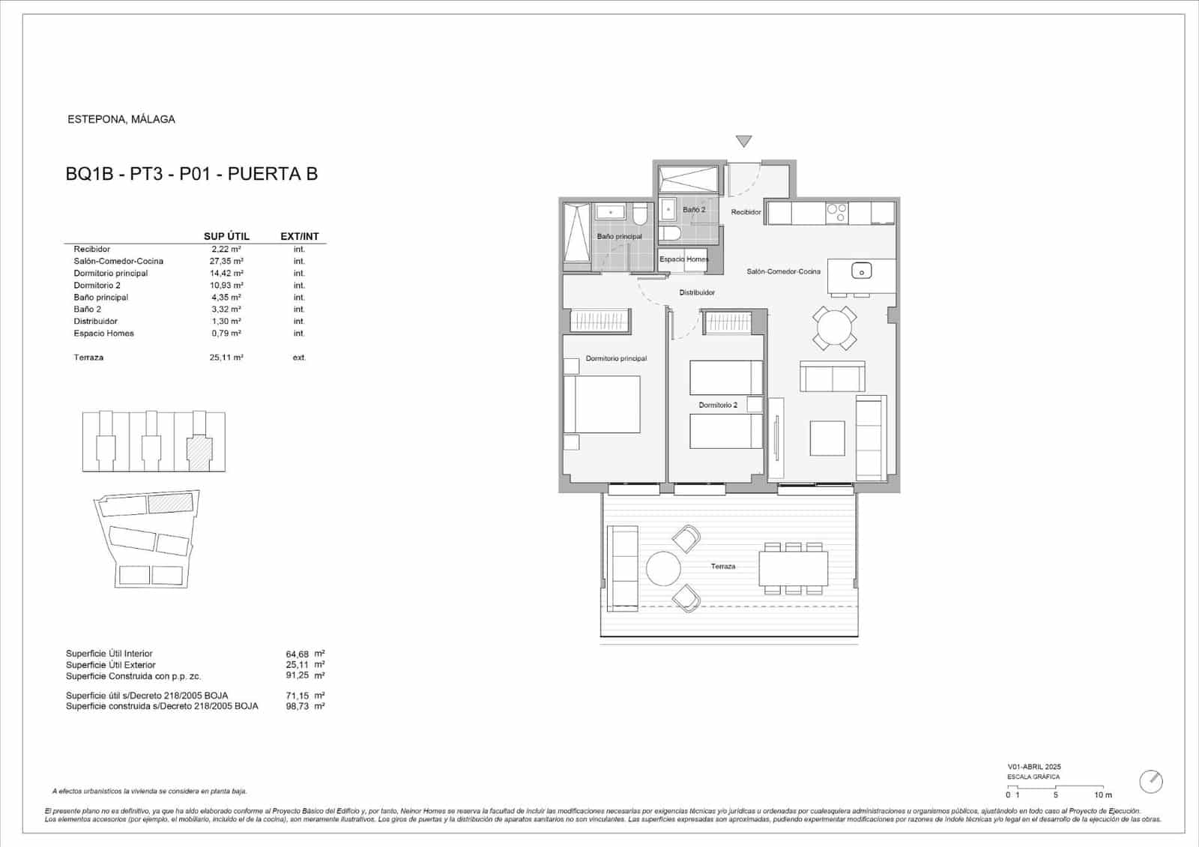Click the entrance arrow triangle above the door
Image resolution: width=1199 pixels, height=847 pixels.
tap(743, 141)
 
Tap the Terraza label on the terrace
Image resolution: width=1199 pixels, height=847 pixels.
tap(723, 567)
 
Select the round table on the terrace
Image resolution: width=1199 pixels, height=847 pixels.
tap(663, 569)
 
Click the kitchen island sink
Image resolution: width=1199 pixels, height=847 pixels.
tap(862, 271)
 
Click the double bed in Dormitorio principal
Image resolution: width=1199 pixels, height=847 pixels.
tap(602, 404)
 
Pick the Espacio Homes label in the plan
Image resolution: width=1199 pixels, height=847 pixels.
tap(683, 259)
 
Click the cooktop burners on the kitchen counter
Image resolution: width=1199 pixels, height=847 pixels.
tap(837, 213)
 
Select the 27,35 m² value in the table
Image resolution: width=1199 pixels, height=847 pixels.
tap(226, 261)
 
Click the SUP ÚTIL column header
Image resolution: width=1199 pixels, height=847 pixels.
tap(226, 236)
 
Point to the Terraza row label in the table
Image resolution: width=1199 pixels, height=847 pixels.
tap(88, 358)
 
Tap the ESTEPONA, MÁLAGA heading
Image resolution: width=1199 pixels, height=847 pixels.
tap(121, 119)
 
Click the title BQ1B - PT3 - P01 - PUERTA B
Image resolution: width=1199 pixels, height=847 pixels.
tap(192, 174)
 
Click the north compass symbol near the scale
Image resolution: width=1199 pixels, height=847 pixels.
tap(1151, 781)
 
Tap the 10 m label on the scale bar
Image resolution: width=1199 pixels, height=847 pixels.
tap(1103, 795)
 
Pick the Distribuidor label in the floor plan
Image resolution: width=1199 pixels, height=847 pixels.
tap(697, 292)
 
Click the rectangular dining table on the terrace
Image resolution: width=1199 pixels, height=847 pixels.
tap(793, 569)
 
